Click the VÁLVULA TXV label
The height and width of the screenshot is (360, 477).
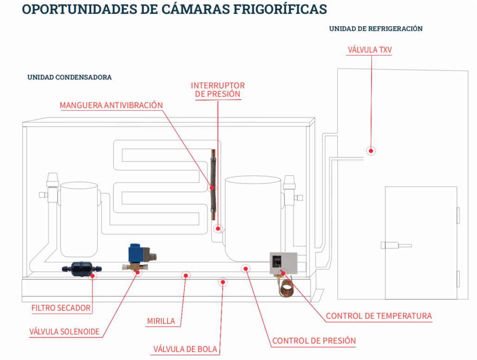click(x=370, y=50)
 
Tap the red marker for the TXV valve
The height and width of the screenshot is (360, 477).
click(x=370, y=151)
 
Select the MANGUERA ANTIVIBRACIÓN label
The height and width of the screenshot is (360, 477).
click(x=111, y=105)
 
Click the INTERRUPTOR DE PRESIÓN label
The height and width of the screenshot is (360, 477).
click(x=218, y=90)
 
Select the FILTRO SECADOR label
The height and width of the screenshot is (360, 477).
click(x=61, y=308)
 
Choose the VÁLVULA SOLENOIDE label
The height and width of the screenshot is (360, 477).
click(x=64, y=332)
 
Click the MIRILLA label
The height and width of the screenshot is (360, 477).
click(x=161, y=321)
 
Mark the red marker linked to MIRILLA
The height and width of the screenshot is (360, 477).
click(x=186, y=276)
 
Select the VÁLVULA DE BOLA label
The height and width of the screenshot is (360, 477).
click(x=185, y=349)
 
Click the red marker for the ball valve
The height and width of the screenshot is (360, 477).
click(x=223, y=282)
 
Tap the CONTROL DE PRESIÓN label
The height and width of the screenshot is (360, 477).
click(x=314, y=341)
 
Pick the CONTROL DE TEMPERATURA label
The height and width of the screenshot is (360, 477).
click(x=378, y=316)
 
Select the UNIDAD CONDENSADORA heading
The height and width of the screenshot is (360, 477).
click(x=69, y=77)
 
